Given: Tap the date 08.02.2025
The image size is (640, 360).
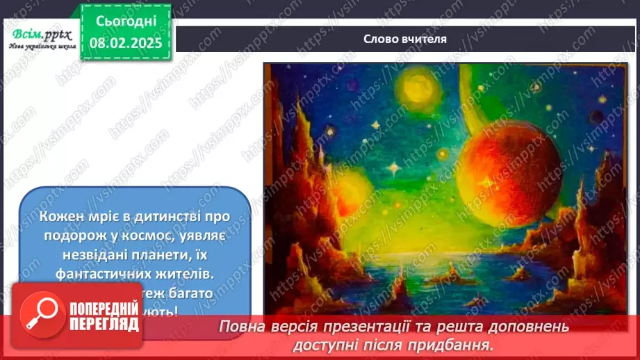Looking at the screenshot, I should point(125,42).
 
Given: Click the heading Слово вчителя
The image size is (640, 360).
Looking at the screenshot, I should point(405,39).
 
